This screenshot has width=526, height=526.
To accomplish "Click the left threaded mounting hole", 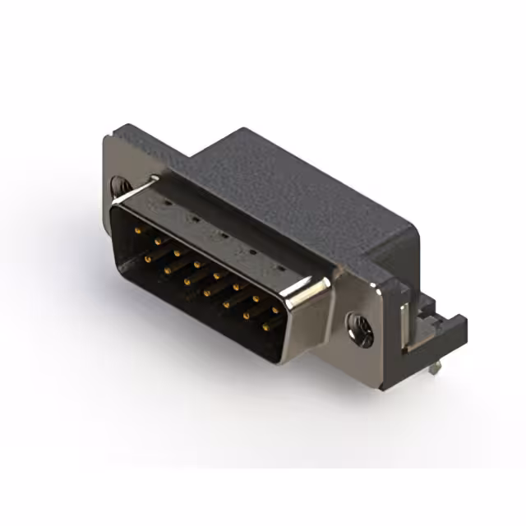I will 121,187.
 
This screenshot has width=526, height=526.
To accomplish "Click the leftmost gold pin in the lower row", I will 149,259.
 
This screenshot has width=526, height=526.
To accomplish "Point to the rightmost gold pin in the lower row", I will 266,327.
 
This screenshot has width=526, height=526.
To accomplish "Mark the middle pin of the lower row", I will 207,293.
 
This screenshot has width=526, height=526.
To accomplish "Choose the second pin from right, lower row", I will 247,316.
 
